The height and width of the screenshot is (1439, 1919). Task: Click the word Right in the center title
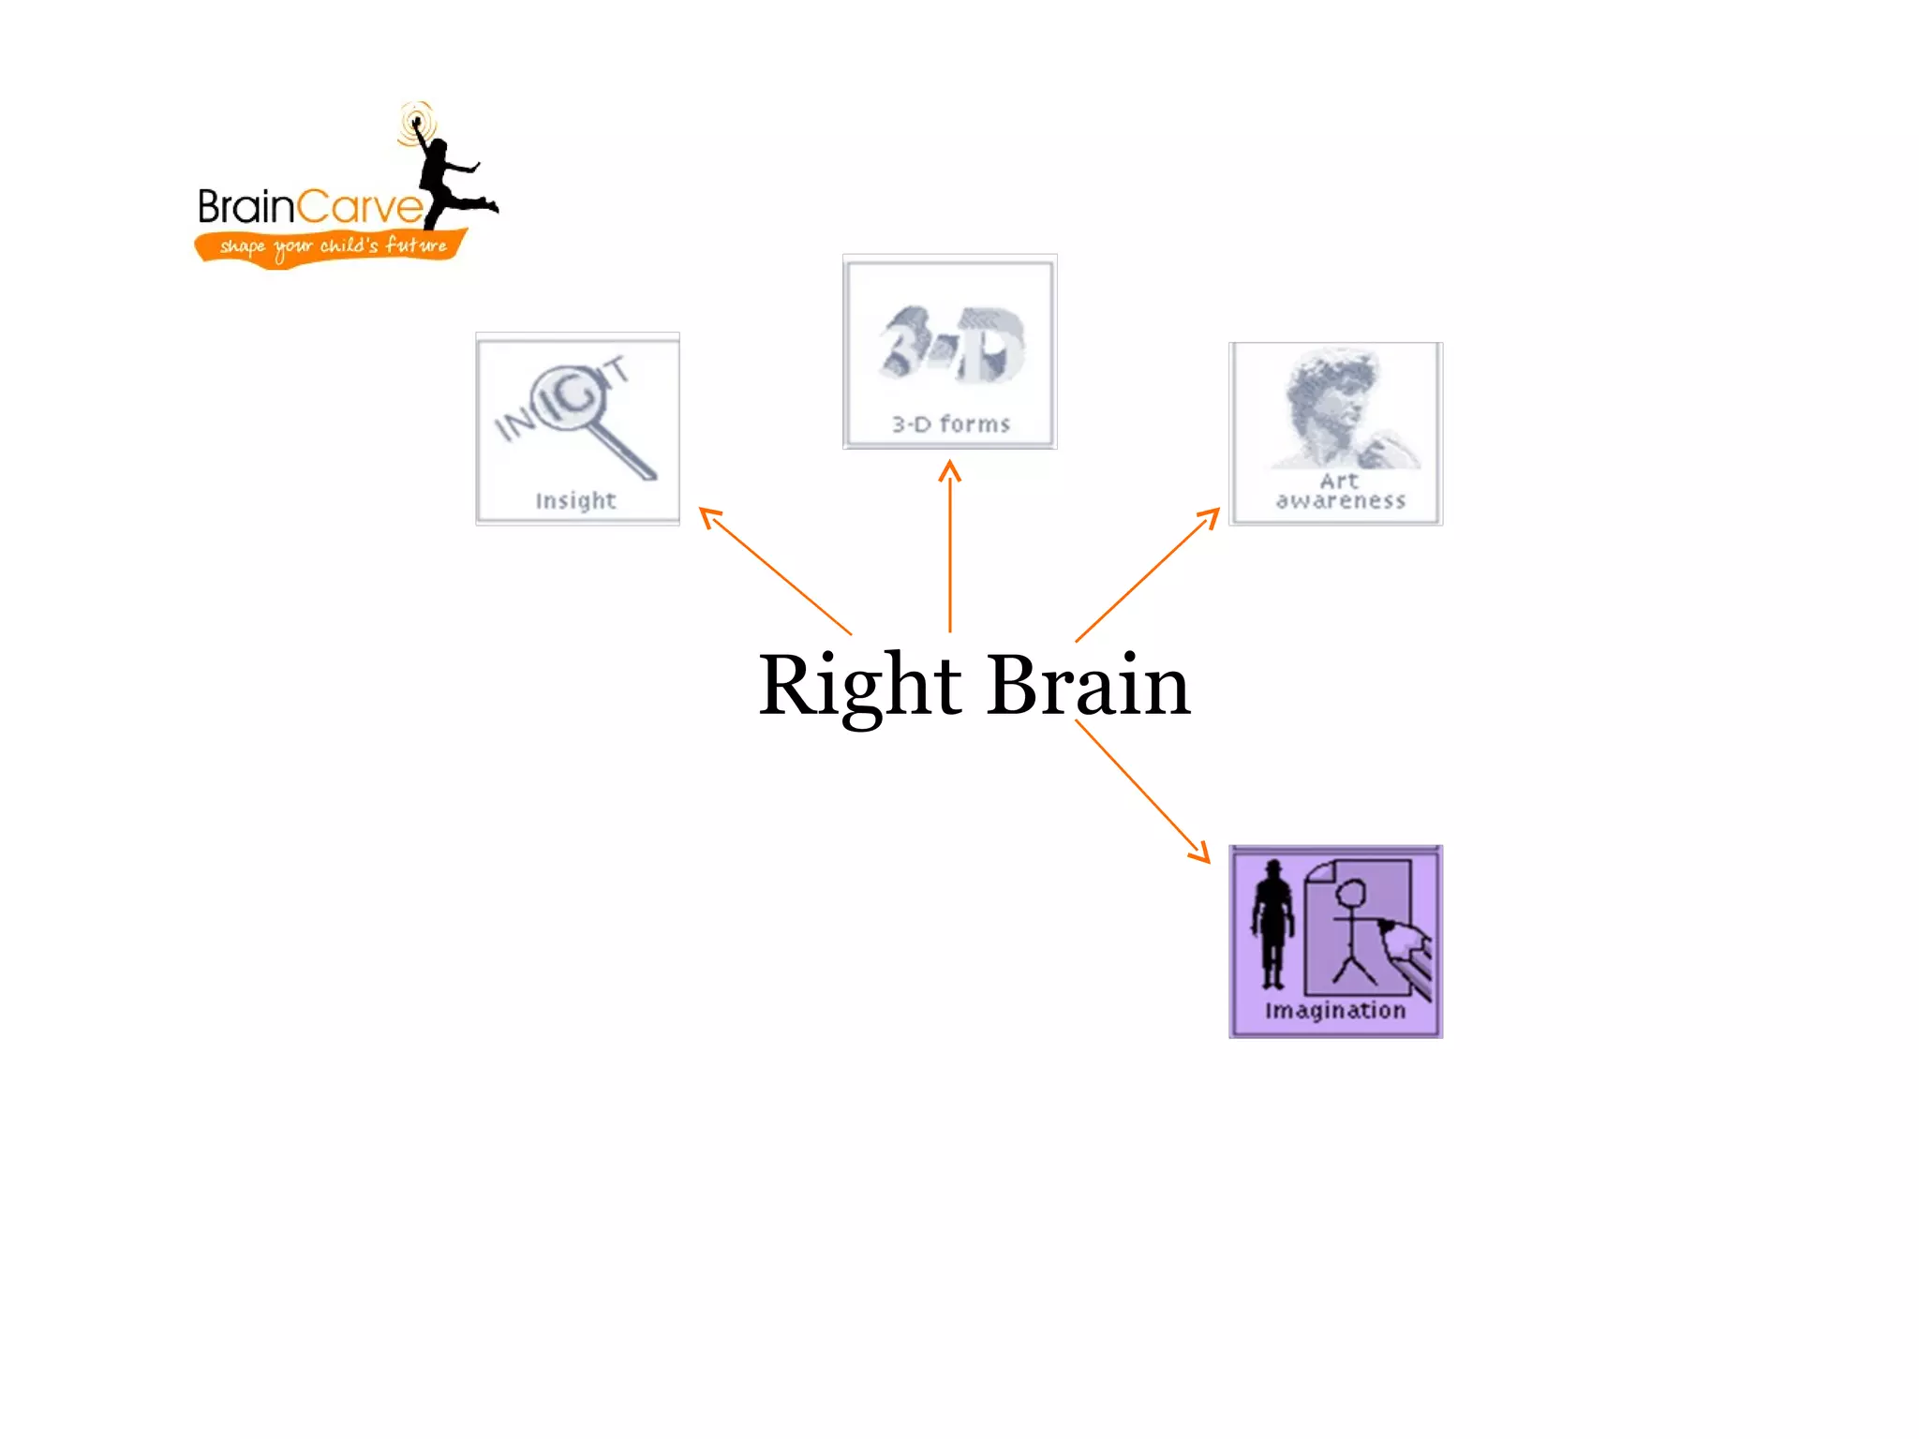[859, 686]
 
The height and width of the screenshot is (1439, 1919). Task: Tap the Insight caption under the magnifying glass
[575, 501]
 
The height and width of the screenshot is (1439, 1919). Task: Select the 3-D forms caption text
[950, 424]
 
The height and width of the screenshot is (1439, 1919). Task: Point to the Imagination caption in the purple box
[1335, 1010]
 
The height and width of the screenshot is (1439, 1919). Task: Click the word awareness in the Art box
[1340, 501]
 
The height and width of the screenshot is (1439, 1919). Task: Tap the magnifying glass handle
[624, 452]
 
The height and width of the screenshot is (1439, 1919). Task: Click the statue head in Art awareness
[1331, 393]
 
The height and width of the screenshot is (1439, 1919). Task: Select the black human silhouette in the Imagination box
[1272, 923]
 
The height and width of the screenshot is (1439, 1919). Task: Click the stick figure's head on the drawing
[1350, 893]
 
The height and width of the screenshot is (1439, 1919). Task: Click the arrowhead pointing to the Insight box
[708, 514]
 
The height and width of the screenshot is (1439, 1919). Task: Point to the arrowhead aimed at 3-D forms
[950, 467]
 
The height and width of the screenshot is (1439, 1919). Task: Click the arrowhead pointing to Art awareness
[1212, 515]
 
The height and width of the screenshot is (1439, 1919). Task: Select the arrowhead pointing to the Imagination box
[1201, 853]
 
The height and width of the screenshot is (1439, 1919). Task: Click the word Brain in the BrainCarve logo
[245, 207]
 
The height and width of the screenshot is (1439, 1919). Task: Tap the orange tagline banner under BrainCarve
[330, 246]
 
